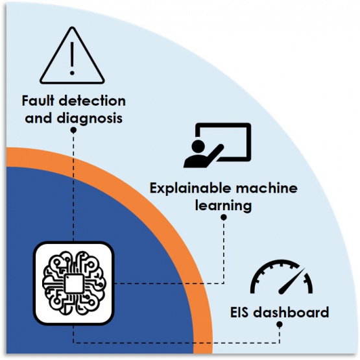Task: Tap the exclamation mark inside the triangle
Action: pyautogui.click(x=72, y=58)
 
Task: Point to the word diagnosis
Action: pyautogui.click(x=90, y=118)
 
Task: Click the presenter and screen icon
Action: pyautogui.click(x=217, y=145)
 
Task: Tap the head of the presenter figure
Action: pyautogui.click(x=198, y=145)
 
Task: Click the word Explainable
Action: pyautogui.click(x=190, y=189)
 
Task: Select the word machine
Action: pyautogui.click(x=267, y=188)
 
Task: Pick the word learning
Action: pyautogui.click(x=223, y=206)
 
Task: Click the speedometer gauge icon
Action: pyautogui.click(x=282, y=277)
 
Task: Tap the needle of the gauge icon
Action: pyautogui.click(x=292, y=281)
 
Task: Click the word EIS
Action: pyautogui.click(x=239, y=313)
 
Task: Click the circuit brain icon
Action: pyautogui.click(x=74, y=283)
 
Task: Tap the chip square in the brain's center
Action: pyautogui.click(x=74, y=283)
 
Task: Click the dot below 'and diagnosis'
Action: pyautogui.click(x=73, y=130)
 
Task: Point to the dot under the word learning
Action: pyautogui.click(x=223, y=217)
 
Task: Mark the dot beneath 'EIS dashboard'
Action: pyautogui.click(x=280, y=324)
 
